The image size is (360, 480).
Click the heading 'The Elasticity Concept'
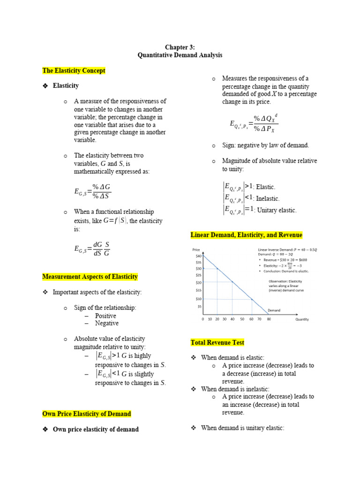click(x=74, y=71)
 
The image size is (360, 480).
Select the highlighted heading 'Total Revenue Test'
click(x=217, y=343)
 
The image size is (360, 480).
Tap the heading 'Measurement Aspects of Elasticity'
click(x=90, y=277)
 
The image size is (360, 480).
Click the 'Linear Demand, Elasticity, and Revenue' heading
click(x=246, y=235)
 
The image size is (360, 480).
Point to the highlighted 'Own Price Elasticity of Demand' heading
click(x=87, y=414)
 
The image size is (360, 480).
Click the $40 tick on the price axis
click(x=199, y=256)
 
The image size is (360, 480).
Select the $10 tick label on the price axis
click(x=199, y=299)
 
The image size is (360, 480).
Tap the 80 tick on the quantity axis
click(x=269, y=319)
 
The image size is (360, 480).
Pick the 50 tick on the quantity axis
click(x=242, y=319)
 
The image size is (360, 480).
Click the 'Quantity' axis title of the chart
click(x=302, y=319)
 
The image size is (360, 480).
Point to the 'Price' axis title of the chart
click(x=196, y=249)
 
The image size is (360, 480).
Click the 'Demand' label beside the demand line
click(x=274, y=310)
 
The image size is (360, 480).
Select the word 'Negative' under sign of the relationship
click(x=107, y=323)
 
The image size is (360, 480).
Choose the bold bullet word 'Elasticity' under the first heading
click(x=66, y=86)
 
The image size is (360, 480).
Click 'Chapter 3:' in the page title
click(x=180, y=47)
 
